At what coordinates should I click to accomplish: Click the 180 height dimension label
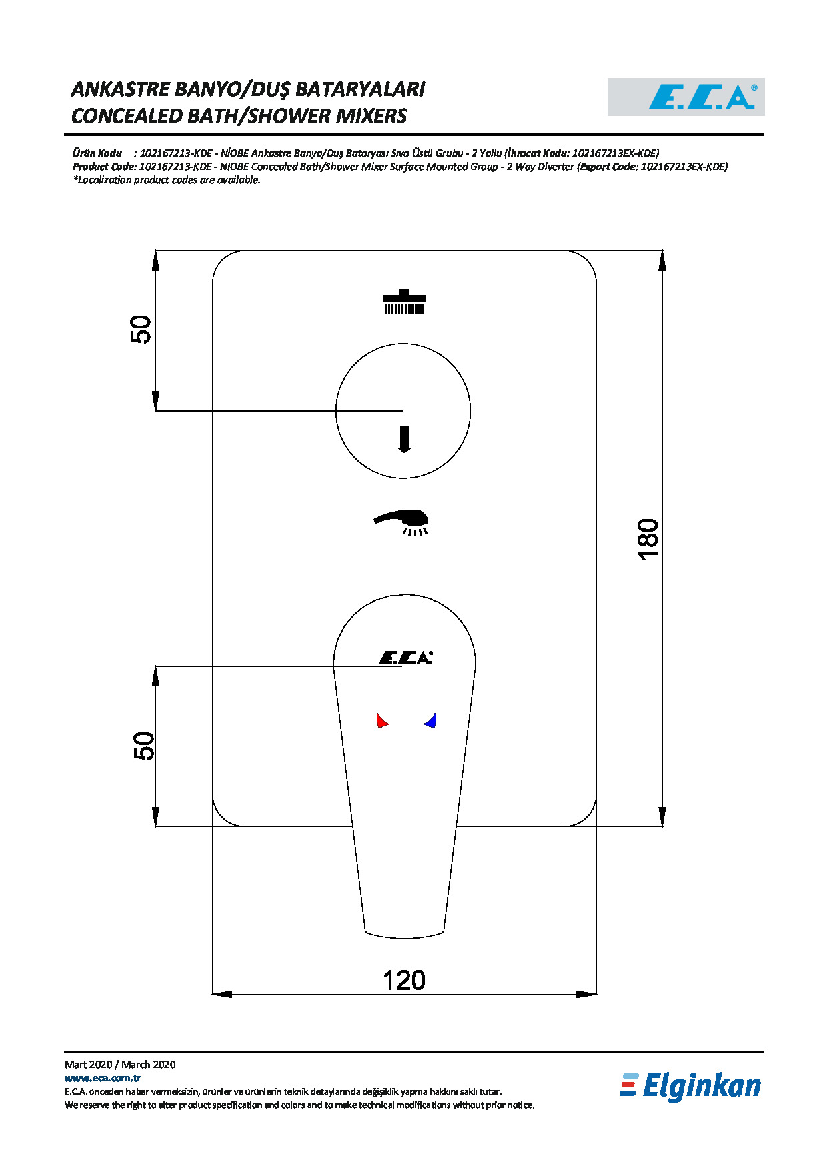point(648,539)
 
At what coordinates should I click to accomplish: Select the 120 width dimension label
point(404,981)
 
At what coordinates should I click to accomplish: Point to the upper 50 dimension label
point(141,330)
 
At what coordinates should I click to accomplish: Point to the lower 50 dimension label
point(144,746)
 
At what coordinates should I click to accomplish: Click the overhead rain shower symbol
point(403,302)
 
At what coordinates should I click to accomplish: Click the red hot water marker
point(382,720)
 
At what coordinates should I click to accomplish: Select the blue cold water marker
point(430,720)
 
